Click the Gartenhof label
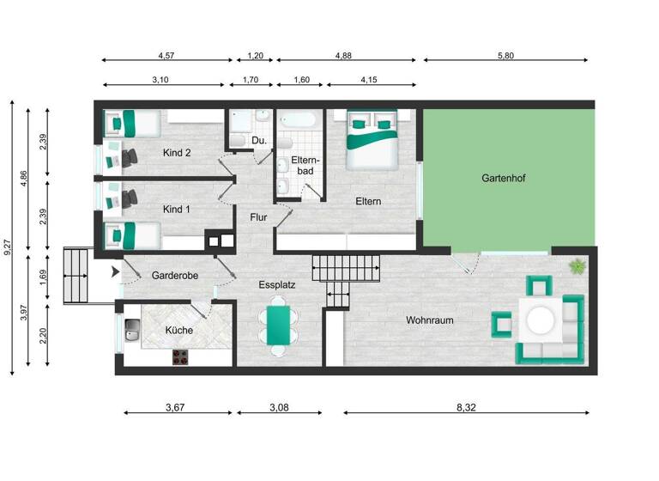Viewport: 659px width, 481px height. (x=503, y=179)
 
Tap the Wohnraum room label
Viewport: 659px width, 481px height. (x=430, y=320)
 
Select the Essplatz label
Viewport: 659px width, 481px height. (x=277, y=283)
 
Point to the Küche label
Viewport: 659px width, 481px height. (x=178, y=330)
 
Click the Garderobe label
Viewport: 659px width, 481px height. (x=175, y=276)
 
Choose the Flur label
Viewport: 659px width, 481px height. (x=258, y=217)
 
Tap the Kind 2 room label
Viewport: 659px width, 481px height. (x=176, y=153)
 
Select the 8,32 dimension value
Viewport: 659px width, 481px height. (x=466, y=406)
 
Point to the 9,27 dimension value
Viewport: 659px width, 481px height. (x=9, y=249)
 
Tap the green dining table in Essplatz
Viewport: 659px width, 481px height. (x=278, y=324)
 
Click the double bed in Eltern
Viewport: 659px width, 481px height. (x=372, y=139)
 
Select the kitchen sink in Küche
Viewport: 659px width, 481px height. (x=133, y=329)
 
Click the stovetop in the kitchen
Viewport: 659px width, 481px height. (x=181, y=356)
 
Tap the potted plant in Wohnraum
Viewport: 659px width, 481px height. (x=577, y=265)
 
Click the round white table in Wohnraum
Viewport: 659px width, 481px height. (x=541, y=321)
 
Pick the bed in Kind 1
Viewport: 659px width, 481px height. (x=129, y=234)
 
